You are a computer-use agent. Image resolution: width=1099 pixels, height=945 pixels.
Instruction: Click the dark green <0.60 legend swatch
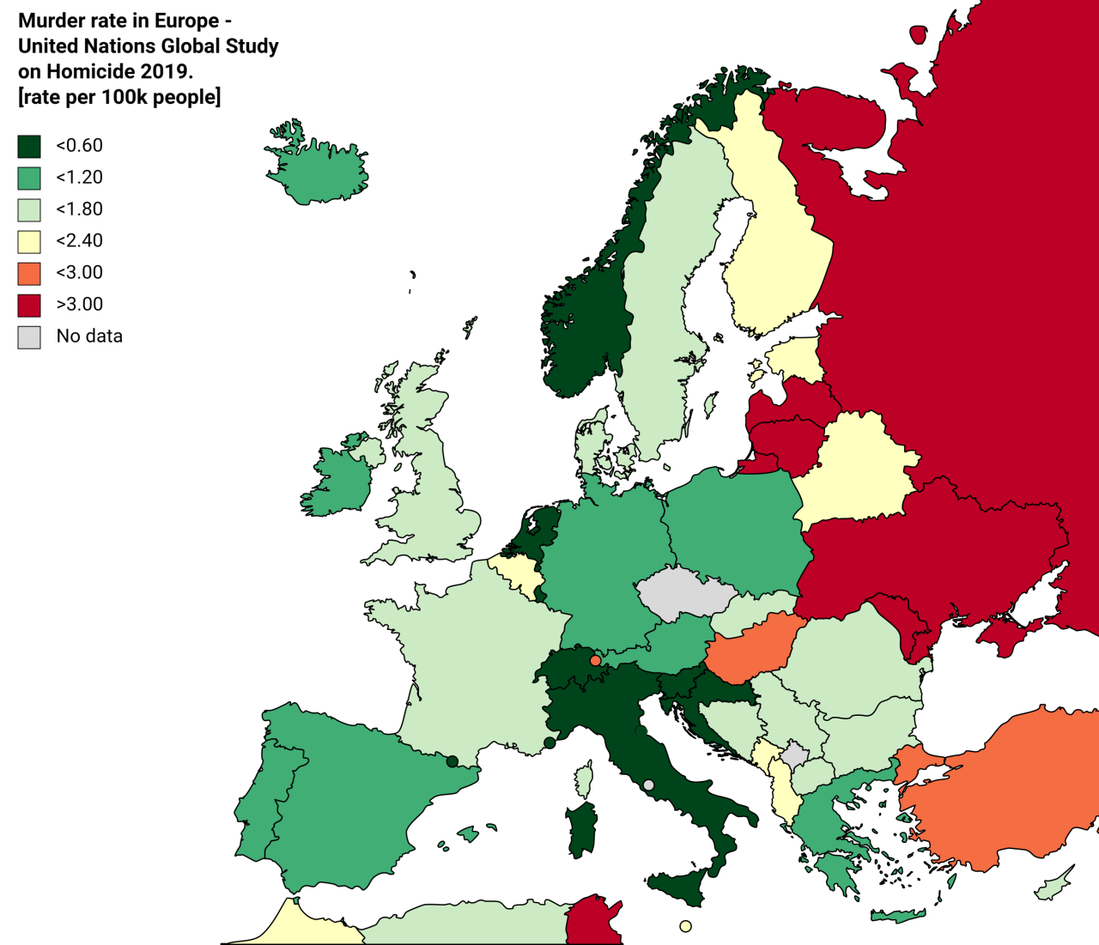click(29, 146)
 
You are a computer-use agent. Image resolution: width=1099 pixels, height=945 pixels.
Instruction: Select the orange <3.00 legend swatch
click(29, 273)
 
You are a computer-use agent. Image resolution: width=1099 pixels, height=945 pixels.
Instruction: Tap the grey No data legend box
click(29, 336)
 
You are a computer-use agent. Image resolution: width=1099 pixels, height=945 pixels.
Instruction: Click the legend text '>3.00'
click(79, 305)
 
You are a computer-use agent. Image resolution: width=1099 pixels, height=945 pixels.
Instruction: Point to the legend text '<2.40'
click(79, 241)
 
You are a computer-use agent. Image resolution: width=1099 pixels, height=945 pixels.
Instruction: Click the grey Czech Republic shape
click(685, 592)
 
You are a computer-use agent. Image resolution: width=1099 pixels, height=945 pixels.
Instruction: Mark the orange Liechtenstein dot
click(595, 661)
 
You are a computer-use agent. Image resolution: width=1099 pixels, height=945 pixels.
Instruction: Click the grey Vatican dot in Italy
click(648, 785)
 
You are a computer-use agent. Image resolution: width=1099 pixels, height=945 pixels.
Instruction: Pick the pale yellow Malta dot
click(685, 926)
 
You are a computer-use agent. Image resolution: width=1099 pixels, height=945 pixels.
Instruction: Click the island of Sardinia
click(581, 828)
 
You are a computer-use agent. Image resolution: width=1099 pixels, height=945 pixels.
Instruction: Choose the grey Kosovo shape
click(795, 755)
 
